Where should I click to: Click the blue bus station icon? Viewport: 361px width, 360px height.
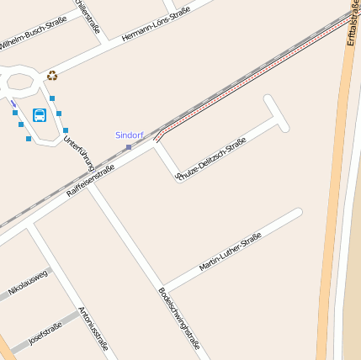pos(39,114)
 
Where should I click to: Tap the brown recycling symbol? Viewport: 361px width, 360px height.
pos(52,76)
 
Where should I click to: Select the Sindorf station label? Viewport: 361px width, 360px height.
pos(130,135)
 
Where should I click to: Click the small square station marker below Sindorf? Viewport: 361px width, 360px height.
pos(129,147)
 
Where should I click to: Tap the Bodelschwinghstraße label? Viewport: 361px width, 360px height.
pos(180,318)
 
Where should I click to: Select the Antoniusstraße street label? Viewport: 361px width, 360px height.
pos(93,328)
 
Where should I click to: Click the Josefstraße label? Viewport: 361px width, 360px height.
pos(45,333)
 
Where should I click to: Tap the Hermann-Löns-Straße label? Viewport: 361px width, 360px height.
pos(157,24)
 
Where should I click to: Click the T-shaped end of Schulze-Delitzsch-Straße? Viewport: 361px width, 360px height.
pos(277,113)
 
